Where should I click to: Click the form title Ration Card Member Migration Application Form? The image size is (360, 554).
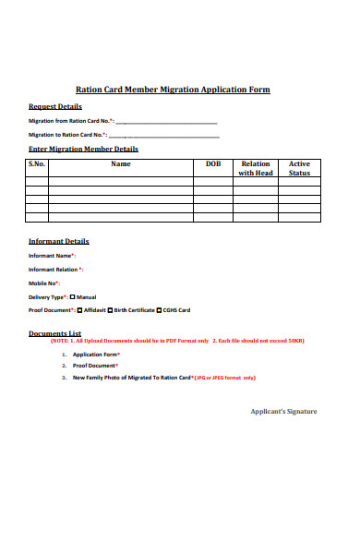(172, 90)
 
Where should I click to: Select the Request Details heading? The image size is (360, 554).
(54, 106)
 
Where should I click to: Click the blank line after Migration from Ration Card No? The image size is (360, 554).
(167, 121)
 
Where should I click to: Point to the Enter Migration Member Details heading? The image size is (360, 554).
(84, 148)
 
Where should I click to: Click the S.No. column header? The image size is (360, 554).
(37, 163)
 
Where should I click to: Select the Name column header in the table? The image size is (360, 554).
(121, 163)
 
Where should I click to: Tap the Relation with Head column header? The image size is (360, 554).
(255, 168)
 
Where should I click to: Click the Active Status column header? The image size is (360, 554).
(299, 168)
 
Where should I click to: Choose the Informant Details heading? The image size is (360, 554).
(59, 241)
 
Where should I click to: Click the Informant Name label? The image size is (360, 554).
(52, 255)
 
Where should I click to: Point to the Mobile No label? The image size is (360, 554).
(44, 283)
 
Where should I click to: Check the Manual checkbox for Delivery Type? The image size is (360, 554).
(73, 296)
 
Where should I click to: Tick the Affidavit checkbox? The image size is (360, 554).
(79, 310)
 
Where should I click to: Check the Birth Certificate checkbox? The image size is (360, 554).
(110, 310)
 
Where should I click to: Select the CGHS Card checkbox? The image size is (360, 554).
(158, 310)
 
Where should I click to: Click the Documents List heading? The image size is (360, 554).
(55, 333)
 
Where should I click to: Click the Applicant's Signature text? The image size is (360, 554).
(283, 411)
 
